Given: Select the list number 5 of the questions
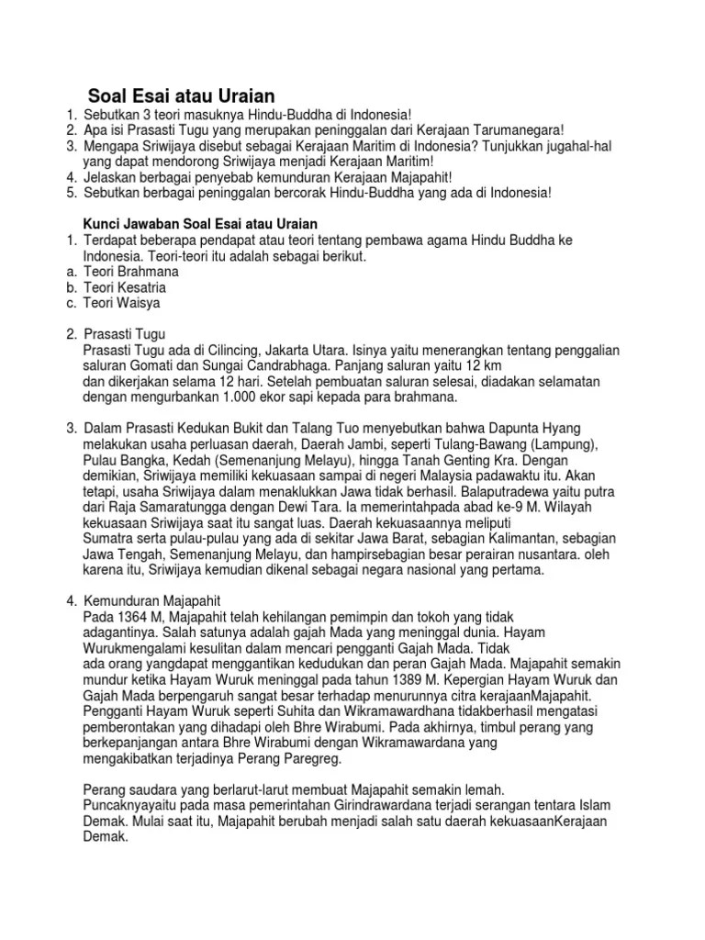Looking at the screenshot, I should [70, 193].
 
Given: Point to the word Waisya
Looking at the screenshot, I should [141, 302].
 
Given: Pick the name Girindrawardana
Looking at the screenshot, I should [333, 805].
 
